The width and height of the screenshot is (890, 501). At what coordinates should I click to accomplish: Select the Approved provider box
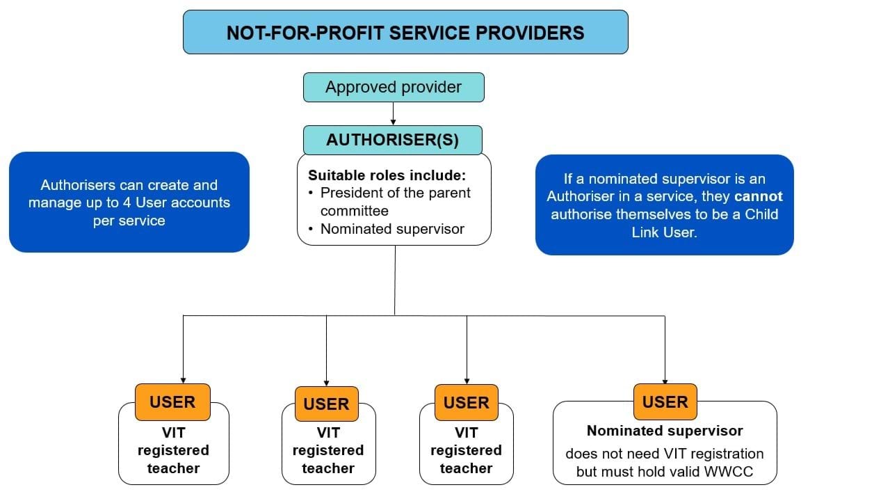tap(393, 88)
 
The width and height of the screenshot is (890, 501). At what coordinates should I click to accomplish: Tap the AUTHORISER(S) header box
tap(392, 140)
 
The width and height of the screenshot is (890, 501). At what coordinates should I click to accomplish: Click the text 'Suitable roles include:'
tap(387, 175)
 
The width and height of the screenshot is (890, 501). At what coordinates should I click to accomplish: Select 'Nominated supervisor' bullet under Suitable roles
tap(392, 229)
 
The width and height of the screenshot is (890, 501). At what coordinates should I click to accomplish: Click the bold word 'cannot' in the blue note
tap(758, 196)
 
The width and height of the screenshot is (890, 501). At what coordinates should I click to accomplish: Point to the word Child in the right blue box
tap(761, 214)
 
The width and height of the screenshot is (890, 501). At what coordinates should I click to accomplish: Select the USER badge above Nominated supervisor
tap(665, 401)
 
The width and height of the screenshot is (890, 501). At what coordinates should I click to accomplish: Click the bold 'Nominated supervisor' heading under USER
tap(665, 431)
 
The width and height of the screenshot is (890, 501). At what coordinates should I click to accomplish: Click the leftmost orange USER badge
tap(172, 401)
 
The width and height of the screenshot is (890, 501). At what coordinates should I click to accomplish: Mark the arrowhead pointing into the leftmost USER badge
tap(183, 380)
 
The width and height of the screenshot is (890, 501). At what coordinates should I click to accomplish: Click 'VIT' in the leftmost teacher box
tap(173, 432)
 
